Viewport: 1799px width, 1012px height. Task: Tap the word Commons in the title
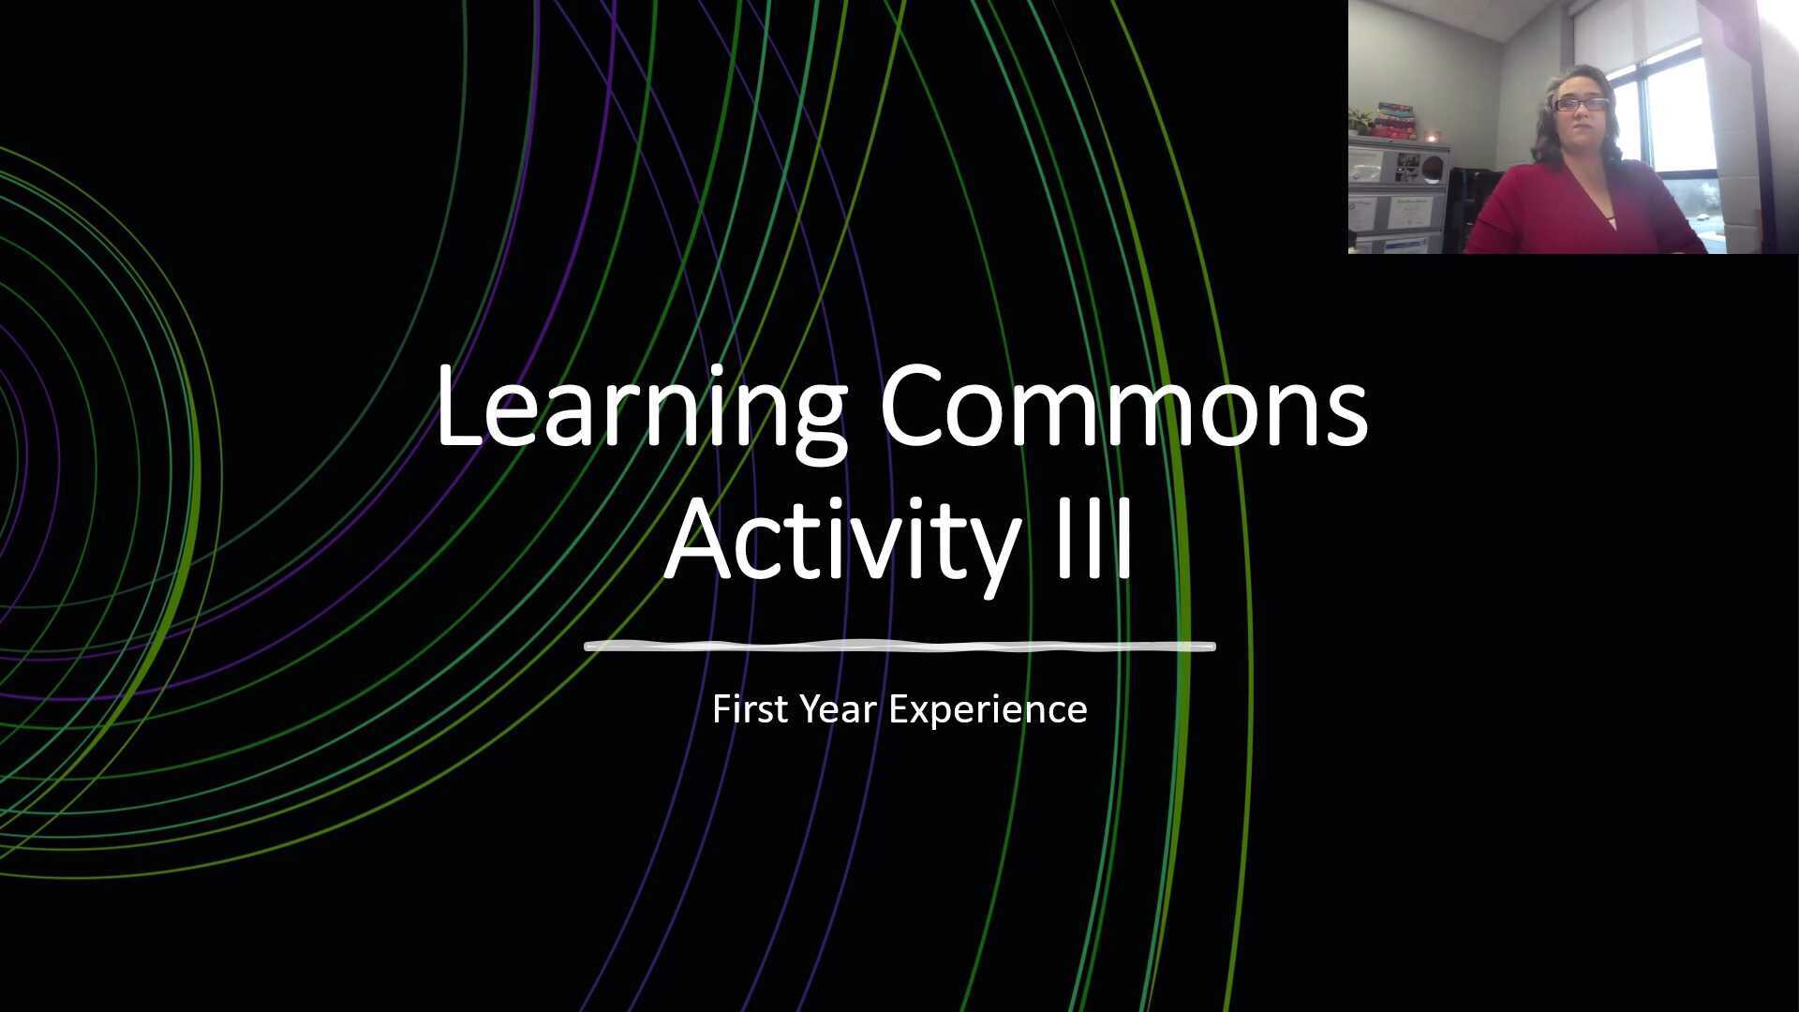tap(1123, 409)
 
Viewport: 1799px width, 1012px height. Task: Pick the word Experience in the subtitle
tap(988, 709)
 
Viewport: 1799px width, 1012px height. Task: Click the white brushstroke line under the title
tap(899, 646)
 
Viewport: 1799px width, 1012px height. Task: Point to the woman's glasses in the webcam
tap(1581, 104)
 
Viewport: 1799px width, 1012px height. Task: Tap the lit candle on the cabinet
tap(1431, 138)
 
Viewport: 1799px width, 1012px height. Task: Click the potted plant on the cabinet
tap(1360, 121)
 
